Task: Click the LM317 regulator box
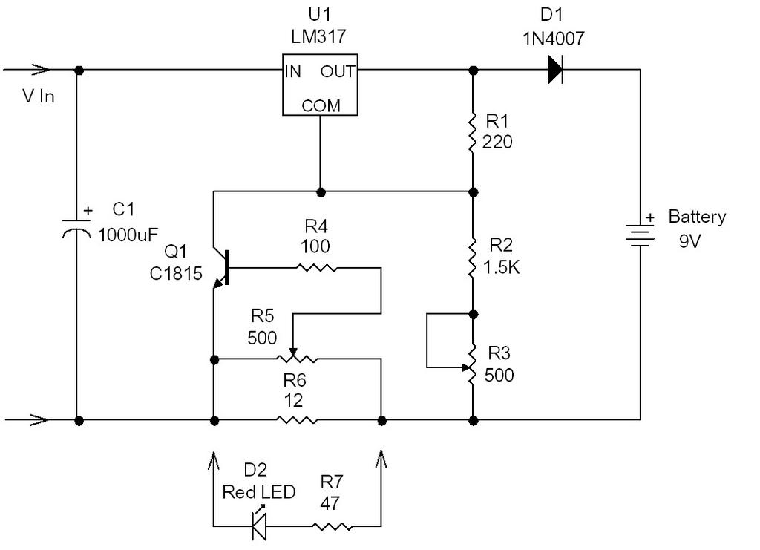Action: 320,85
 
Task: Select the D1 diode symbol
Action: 555,70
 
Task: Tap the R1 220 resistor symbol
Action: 473,132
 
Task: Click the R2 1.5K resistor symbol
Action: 473,258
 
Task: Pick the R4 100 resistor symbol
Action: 316,267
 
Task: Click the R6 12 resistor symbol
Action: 297,419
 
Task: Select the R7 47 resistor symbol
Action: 332,526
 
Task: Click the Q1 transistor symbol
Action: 221,268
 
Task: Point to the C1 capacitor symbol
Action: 76,228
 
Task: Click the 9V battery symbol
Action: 640,235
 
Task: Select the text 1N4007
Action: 554,39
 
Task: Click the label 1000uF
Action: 128,235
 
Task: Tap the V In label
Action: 39,96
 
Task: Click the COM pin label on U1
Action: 321,105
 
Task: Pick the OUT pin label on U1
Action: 338,72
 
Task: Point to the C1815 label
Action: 176,274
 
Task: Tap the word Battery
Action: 697,217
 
